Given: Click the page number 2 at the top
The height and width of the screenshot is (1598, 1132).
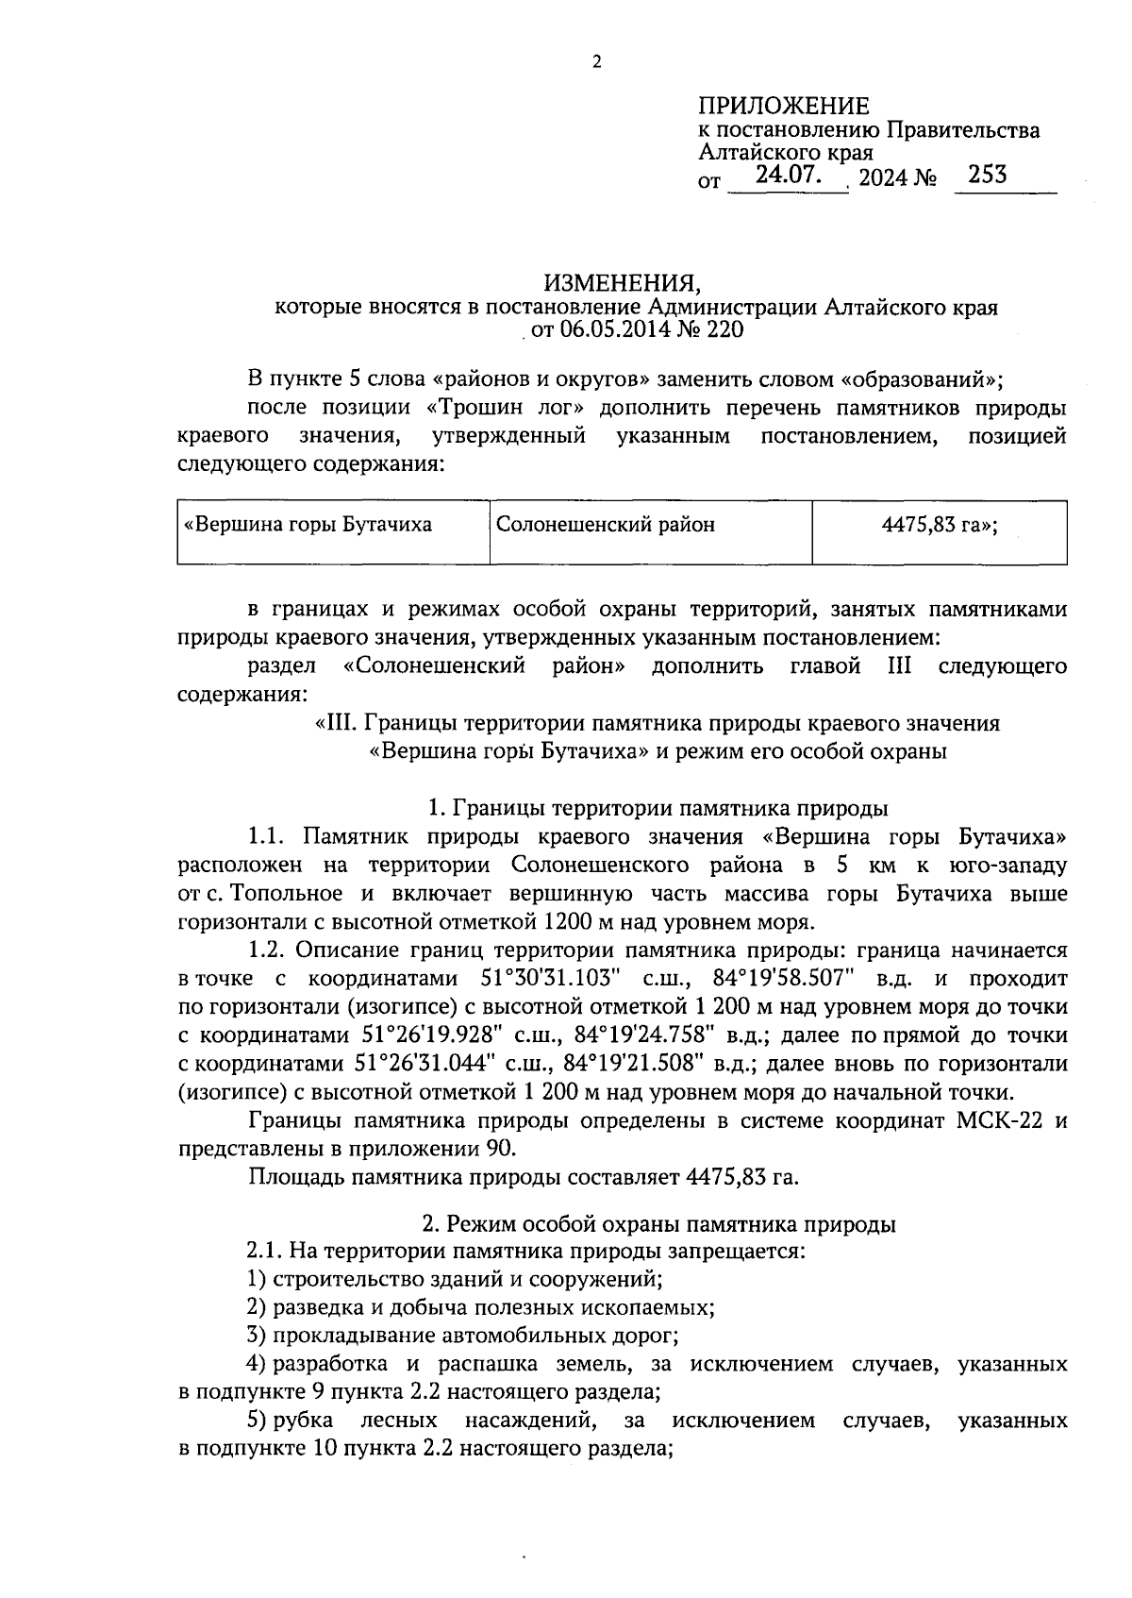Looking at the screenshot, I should [x=595, y=63].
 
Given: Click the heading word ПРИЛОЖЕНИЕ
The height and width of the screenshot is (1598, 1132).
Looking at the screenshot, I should [x=783, y=106].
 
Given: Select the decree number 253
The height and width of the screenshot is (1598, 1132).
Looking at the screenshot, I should [x=986, y=175].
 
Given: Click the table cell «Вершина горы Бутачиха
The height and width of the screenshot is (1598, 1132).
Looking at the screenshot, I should [x=308, y=525].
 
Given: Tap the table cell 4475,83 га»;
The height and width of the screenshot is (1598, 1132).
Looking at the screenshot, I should [x=939, y=525].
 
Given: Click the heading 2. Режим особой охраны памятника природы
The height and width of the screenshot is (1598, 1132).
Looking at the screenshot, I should [x=658, y=1224].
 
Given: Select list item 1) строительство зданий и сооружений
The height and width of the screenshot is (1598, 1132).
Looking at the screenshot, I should [x=455, y=1280].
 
